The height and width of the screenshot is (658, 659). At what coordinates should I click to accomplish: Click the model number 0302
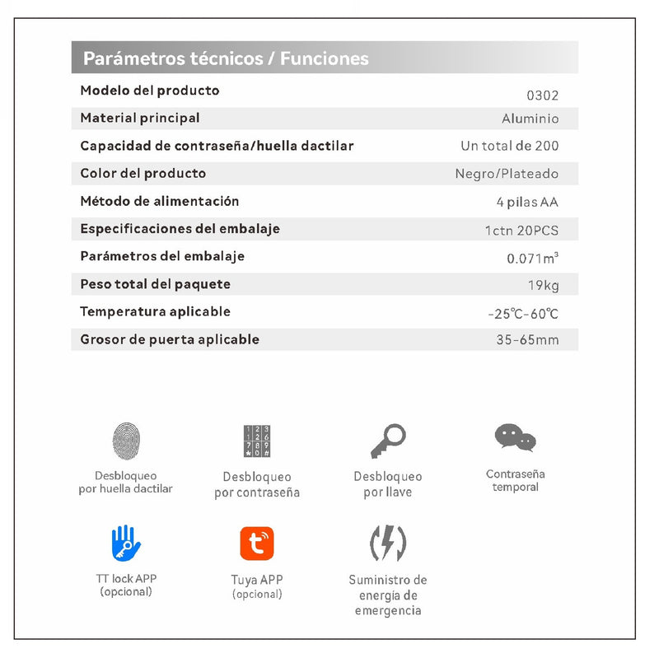pyautogui.click(x=543, y=96)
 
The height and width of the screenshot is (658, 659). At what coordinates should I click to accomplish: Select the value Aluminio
pyautogui.click(x=530, y=119)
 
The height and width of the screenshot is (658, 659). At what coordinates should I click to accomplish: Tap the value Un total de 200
pyautogui.click(x=509, y=146)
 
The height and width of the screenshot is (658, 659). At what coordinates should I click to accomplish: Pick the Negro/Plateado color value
pyautogui.click(x=507, y=174)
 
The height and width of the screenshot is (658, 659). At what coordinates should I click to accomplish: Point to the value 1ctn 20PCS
pyautogui.click(x=521, y=231)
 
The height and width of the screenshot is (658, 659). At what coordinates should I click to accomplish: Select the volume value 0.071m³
pyautogui.click(x=532, y=259)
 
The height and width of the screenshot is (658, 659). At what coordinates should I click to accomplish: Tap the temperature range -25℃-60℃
pyautogui.click(x=523, y=314)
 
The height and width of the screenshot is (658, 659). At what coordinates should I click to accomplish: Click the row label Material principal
pyautogui.click(x=140, y=118)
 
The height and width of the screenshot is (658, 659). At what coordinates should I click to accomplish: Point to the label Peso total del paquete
pyautogui.click(x=155, y=284)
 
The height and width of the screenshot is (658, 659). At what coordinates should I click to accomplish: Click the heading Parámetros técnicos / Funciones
pyautogui.click(x=226, y=58)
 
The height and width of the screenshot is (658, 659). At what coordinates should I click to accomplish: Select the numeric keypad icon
pyautogui.click(x=256, y=441)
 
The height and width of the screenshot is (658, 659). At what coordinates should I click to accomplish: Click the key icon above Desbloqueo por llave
pyautogui.click(x=387, y=441)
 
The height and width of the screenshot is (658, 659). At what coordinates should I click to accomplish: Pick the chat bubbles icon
pyautogui.click(x=515, y=437)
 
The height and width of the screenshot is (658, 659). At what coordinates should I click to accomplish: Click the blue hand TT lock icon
pyautogui.click(x=126, y=544)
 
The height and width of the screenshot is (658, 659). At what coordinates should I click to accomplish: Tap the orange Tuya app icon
pyautogui.click(x=256, y=544)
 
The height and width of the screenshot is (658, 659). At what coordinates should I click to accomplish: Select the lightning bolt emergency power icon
pyautogui.click(x=387, y=544)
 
